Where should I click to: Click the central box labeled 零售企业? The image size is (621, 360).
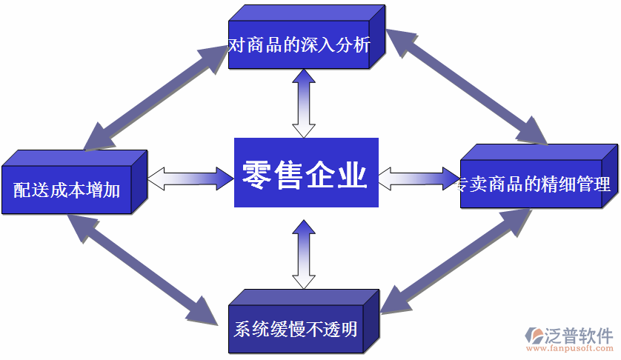pyautogui.click(x=306, y=173)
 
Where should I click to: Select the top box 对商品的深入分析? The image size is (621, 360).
pyautogui.click(x=299, y=45)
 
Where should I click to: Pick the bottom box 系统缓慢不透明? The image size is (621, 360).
pyautogui.click(x=296, y=328)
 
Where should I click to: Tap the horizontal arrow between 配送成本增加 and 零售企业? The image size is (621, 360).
pyautogui.click(x=190, y=177)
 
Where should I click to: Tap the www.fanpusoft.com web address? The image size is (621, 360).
pyautogui.click(x=570, y=348)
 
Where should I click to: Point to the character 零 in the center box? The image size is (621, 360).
pyautogui.click(x=256, y=174)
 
